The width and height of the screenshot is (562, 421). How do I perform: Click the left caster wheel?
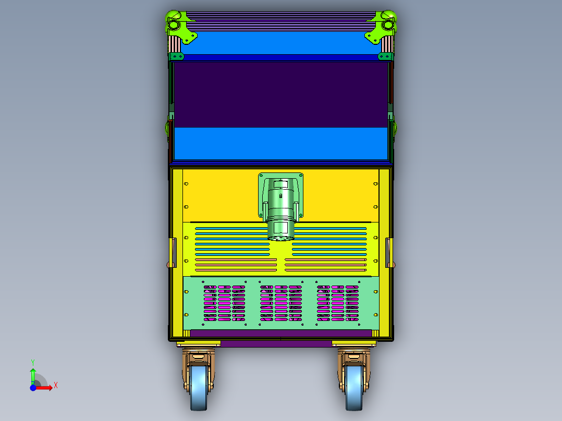pos(199,388)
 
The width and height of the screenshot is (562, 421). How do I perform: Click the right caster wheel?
pos(354,388)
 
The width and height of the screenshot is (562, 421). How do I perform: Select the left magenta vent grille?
pos(224,303)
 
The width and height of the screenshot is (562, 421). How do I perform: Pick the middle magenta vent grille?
pos(281,303)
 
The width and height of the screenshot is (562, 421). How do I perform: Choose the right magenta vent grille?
pos(338,303)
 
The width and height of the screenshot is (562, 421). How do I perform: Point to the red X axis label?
pos(56,386)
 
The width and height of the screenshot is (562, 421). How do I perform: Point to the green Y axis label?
pos(33,362)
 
